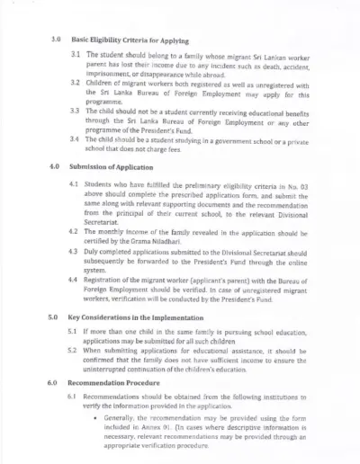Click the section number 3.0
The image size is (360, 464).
coord(54,40)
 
